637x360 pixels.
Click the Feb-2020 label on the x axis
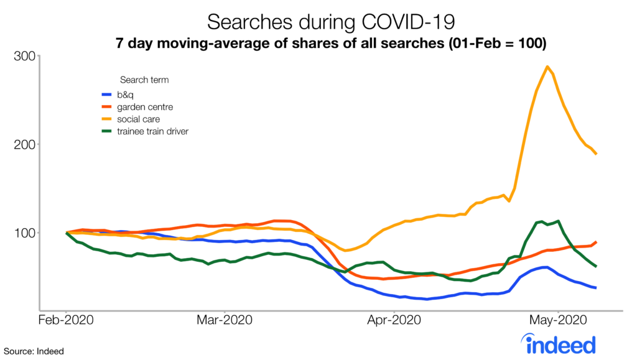click(x=66, y=321)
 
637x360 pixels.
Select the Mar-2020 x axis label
click(x=224, y=321)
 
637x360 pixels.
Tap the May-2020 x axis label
click(x=559, y=321)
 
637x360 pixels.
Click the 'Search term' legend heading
click(x=144, y=80)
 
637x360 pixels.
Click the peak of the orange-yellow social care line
click(x=547, y=67)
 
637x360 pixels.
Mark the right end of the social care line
click(x=596, y=154)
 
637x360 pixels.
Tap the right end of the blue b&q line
click(x=596, y=288)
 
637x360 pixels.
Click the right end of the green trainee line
click(x=596, y=266)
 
